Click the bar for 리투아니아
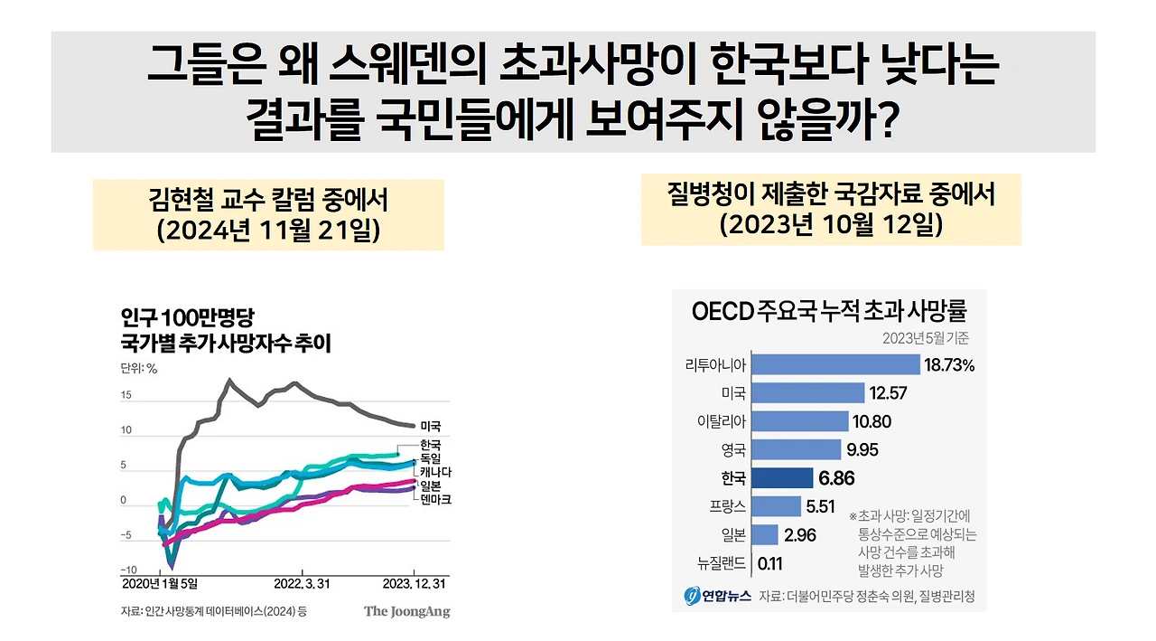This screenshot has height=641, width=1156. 835,364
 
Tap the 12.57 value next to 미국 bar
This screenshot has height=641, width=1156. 889,392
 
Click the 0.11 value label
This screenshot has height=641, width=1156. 770,563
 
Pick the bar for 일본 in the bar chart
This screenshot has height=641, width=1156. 765,535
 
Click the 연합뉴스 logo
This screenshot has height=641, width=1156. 719,596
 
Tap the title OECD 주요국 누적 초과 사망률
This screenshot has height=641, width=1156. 829,312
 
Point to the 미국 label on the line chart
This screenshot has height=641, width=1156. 432,425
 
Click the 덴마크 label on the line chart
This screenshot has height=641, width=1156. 436,499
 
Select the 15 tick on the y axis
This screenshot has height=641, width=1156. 126,395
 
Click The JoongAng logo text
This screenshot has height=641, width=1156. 406,612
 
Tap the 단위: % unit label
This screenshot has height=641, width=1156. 139,368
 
